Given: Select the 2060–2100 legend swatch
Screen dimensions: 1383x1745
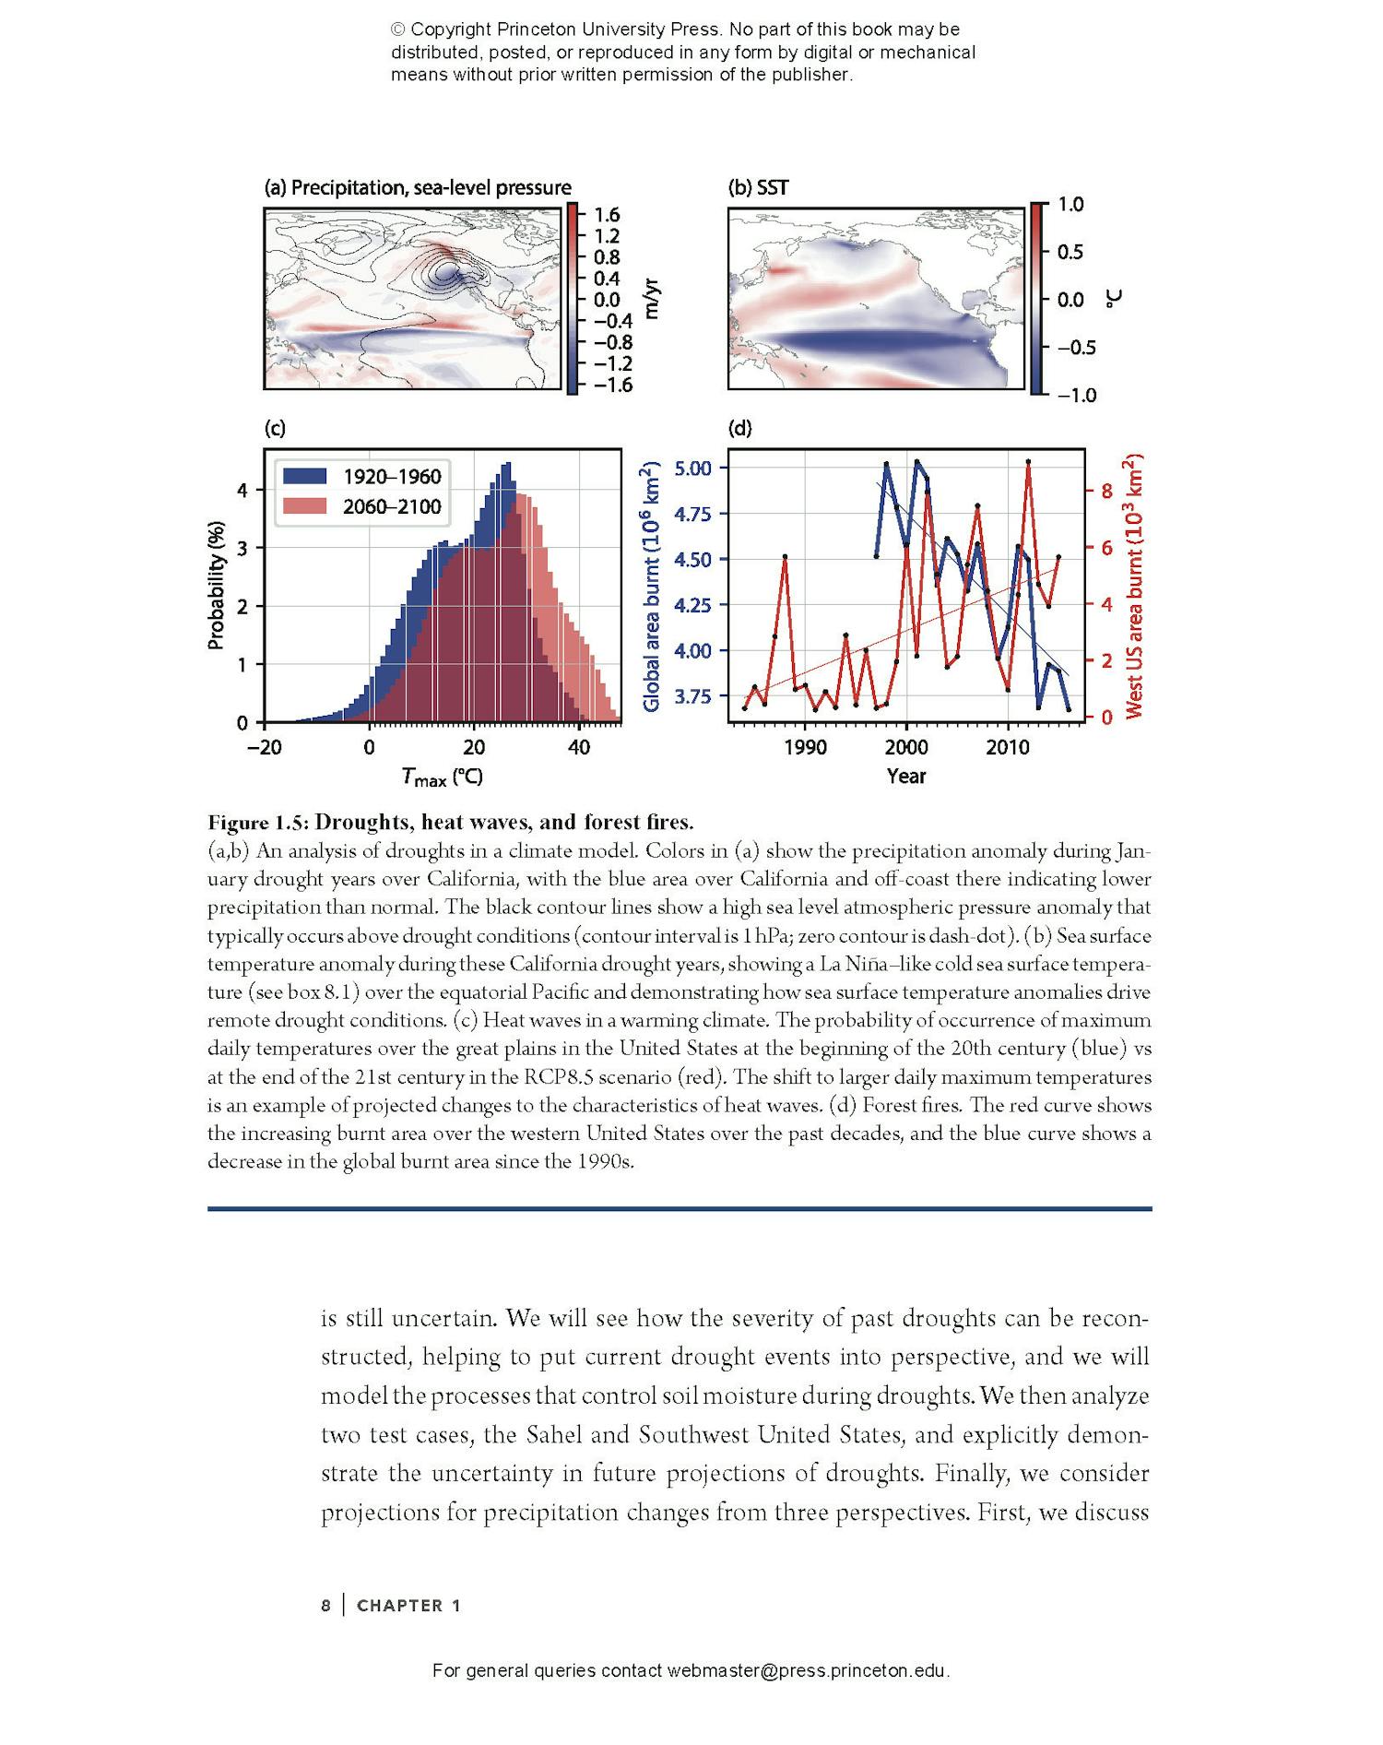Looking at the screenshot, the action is (304, 505).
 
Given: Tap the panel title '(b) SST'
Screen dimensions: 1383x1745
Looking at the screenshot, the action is (758, 188).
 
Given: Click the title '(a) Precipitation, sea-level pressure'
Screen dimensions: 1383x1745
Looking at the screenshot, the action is (418, 188).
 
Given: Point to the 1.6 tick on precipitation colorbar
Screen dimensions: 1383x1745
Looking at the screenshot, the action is (607, 216).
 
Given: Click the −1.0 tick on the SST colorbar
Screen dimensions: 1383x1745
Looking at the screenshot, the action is (1075, 395).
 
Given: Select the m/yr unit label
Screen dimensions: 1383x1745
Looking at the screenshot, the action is (653, 297).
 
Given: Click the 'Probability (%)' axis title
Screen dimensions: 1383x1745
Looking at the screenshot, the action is (216, 586).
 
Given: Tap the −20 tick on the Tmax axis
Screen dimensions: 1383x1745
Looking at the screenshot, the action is (264, 748).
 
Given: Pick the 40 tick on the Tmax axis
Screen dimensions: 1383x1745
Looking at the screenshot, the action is (578, 748).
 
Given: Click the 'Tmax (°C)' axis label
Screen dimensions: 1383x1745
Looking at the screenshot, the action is (443, 778).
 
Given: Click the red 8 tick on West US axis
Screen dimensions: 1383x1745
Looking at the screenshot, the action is (1106, 491).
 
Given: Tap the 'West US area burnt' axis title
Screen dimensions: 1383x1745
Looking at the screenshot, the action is (1134, 586).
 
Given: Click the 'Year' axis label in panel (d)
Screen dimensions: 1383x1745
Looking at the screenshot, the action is (905, 777).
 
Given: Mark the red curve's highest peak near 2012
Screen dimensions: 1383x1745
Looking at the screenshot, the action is (1028, 461).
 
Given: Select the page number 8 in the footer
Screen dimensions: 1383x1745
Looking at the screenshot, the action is (325, 1606).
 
